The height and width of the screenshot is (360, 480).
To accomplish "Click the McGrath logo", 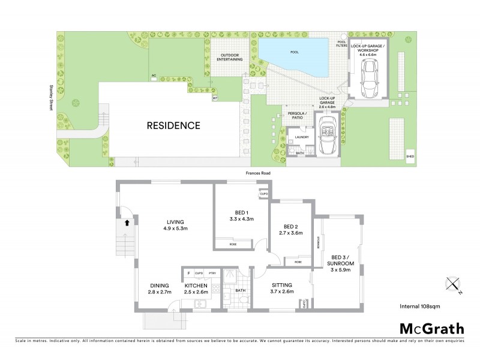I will click(431, 328).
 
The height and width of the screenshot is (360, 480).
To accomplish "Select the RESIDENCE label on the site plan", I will click(173, 126).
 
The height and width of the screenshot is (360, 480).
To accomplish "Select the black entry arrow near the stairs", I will click(127, 223).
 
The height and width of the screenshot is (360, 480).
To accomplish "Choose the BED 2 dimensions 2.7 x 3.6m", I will click(290, 233).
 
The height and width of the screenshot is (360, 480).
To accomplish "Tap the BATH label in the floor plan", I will click(241, 290).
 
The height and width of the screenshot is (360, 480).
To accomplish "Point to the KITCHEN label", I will click(196, 286).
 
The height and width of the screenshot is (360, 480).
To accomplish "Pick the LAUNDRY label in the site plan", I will click(301, 137).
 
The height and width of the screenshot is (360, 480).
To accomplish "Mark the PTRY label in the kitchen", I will click(212, 273).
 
